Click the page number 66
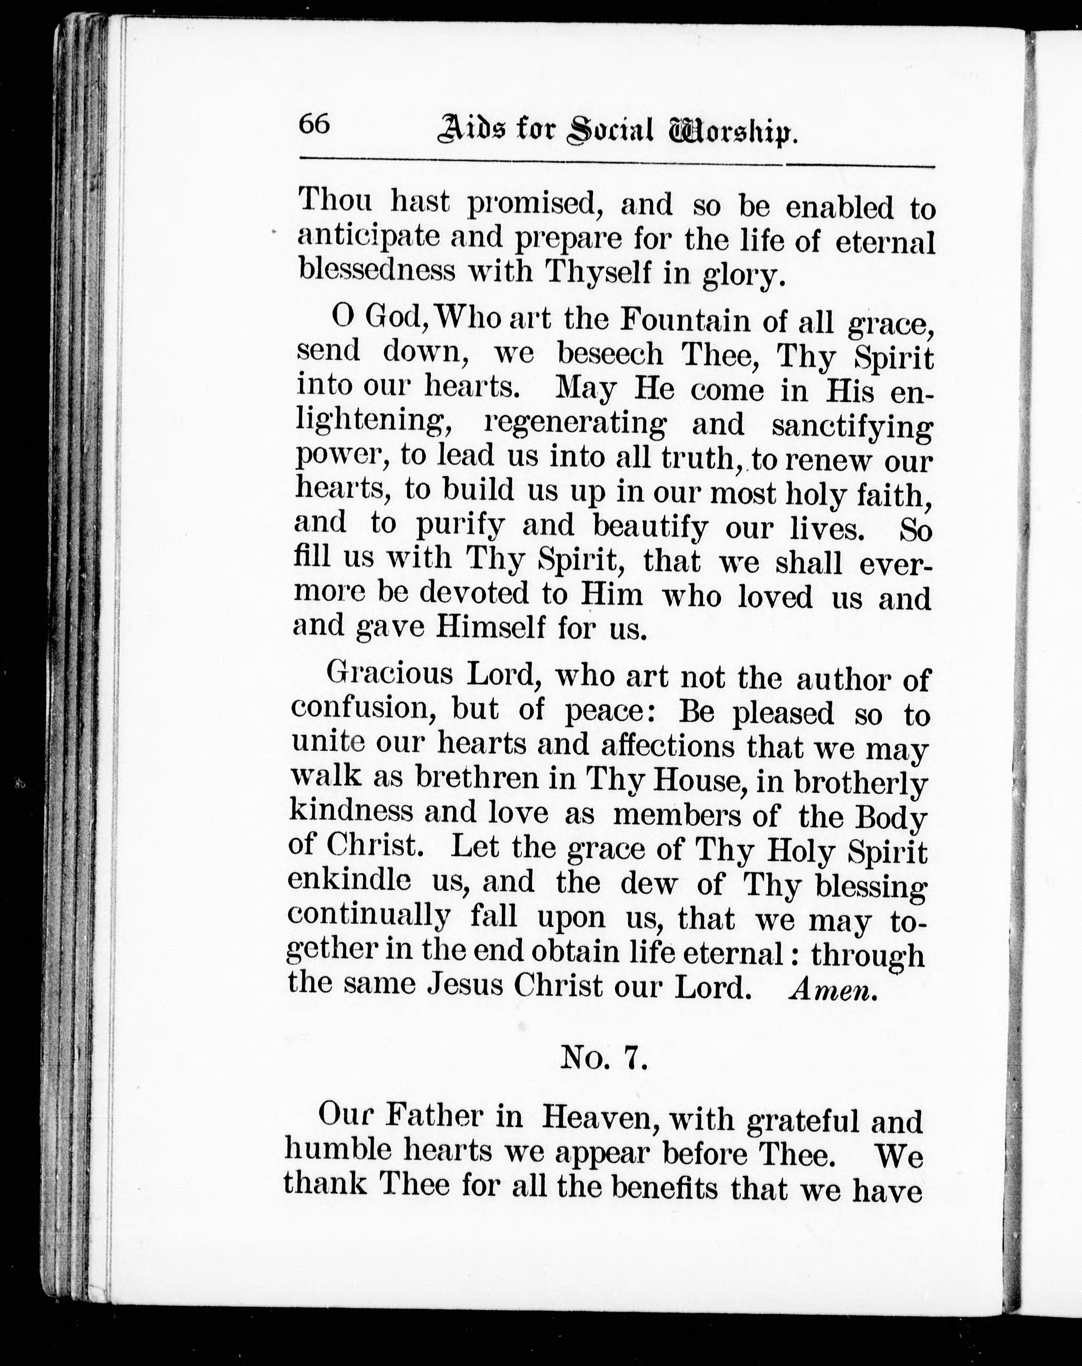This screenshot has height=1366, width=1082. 314,124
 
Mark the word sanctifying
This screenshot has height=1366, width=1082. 852,426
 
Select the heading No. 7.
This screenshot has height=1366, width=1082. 604,1057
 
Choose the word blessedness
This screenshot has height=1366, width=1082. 377,270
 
